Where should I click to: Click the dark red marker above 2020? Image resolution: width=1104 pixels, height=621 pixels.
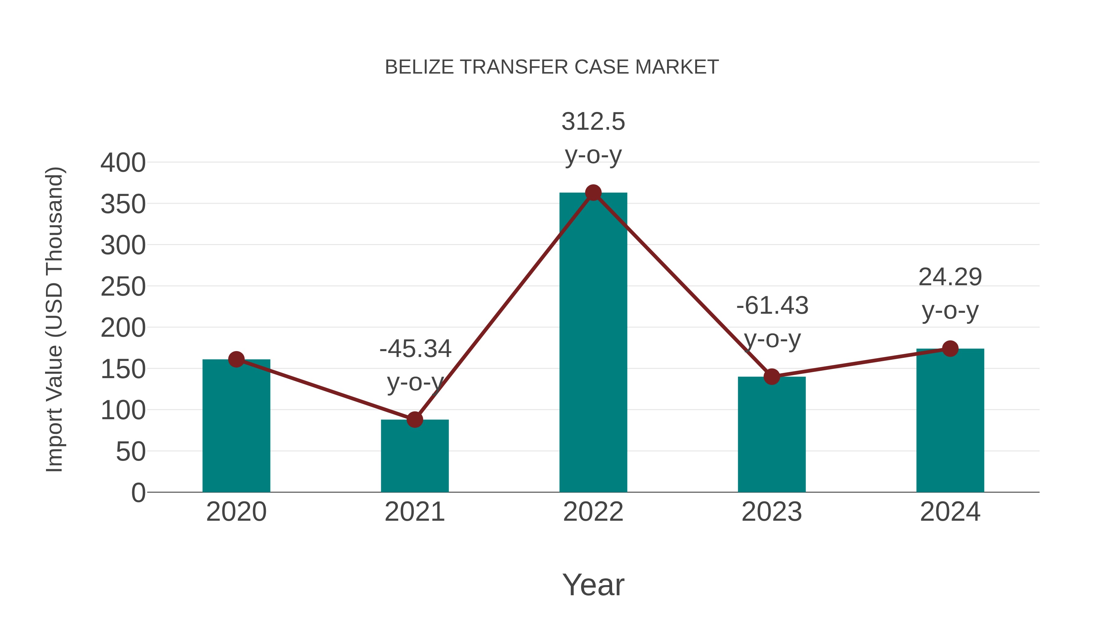[x=236, y=359]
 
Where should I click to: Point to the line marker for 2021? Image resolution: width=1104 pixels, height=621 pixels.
[x=414, y=420]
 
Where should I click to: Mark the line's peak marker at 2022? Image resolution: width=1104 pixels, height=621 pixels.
[x=593, y=193]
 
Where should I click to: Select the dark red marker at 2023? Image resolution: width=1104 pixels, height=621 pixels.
[x=772, y=377]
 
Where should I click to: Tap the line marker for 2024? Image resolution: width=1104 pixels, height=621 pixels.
[x=950, y=348]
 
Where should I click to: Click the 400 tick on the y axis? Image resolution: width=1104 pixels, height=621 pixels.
[x=123, y=163]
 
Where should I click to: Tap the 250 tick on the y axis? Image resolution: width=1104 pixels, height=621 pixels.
[x=123, y=287]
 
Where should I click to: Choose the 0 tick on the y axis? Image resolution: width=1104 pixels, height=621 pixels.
[x=138, y=493]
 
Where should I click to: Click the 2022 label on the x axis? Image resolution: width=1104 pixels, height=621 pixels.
[x=593, y=512]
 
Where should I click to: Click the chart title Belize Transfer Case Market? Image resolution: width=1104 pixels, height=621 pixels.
[x=552, y=67]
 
